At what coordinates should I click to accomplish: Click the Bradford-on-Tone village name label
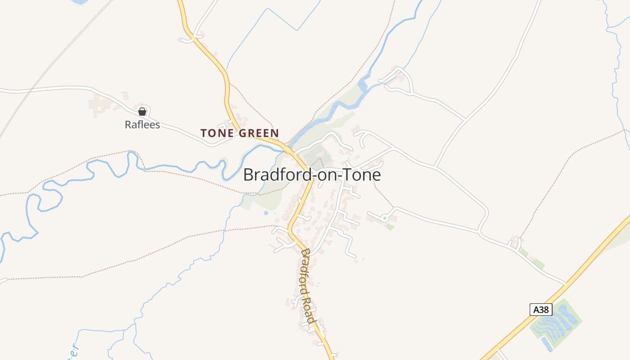click(x=312, y=175)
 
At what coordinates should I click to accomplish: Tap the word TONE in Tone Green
click(x=218, y=133)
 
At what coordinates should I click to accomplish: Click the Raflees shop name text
click(x=142, y=125)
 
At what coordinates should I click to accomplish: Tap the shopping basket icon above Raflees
click(x=142, y=112)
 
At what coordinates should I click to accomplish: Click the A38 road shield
click(x=541, y=310)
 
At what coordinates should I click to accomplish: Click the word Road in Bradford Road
click(x=309, y=310)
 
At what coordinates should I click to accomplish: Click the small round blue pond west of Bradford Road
click(x=266, y=212)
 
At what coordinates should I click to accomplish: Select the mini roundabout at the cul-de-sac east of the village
click(x=385, y=218)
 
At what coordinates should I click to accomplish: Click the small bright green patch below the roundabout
click(x=390, y=227)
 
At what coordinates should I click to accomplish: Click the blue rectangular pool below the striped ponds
click(x=547, y=344)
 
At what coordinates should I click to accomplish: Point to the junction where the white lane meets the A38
click(x=566, y=284)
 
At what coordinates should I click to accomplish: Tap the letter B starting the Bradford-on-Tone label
click(x=248, y=175)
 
